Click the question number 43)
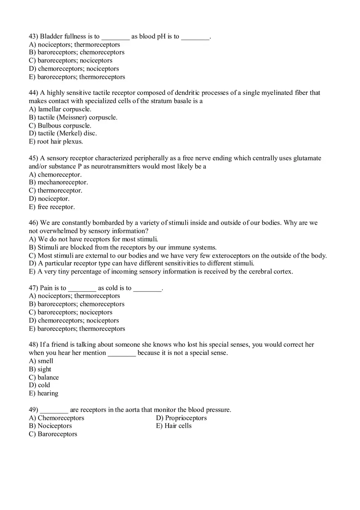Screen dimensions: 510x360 (x=34, y=36)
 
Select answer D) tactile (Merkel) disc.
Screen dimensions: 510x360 (x=63, y=133)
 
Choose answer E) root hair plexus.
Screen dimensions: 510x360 (x=56, y=142)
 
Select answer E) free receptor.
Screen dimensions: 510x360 (x=52, y=207)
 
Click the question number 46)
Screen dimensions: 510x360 (x=34, y=223)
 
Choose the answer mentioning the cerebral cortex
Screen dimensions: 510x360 (x=161, y=272)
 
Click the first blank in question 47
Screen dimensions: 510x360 (x=82, y=288)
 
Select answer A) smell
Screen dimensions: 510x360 (x=41, y=361)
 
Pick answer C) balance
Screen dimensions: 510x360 (x=44, y=377)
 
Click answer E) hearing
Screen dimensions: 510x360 (x=43, y=393)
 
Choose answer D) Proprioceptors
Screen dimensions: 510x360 (x=181, y=418)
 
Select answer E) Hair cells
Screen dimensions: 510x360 (x=173, y=426)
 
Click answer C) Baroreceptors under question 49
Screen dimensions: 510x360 (x=53, y=434)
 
